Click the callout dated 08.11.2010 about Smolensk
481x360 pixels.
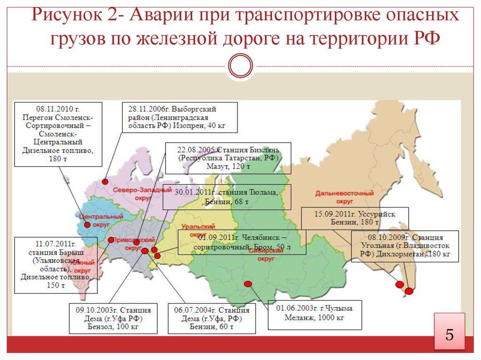coord(57,133)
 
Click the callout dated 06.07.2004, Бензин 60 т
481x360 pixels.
coord(211,318)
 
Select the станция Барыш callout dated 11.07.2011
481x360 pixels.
coord(56,266)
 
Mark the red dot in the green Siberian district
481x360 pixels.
coord(248,283)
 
